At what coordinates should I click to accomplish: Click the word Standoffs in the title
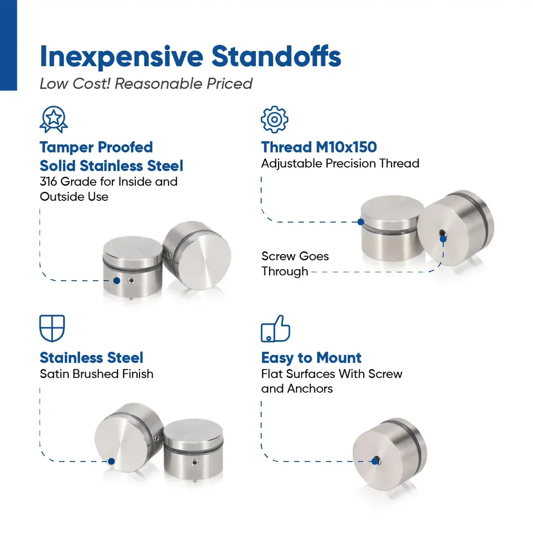click(276, 56)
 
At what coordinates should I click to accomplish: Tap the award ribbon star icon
click(54, 119)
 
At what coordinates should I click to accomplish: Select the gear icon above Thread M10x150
click(275, 119)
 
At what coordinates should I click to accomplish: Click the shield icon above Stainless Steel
click(52, 328)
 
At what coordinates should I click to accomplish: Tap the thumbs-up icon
click(276, 328)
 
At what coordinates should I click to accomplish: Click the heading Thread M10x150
click(319, 147)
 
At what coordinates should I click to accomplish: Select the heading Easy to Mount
click(311, 358)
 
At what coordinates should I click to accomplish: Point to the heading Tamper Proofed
click(96, 147)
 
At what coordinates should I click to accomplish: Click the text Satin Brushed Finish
click(96, 374)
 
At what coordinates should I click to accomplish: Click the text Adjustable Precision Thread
click(340, 163)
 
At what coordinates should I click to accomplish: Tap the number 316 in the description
click(48, 182)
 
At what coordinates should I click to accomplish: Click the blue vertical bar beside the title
click(8, 45)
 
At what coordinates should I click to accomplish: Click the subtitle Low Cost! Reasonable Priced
click(146, 84)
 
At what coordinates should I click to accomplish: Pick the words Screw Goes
click(295, 256)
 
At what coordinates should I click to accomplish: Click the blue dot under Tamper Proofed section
click(117, 281)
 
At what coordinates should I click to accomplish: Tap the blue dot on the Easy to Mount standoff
click(375, 461)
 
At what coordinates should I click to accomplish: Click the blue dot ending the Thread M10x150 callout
click(361, 222)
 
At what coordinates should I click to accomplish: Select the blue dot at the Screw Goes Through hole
click(443, 239)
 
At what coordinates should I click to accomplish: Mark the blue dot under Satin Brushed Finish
click(111, 461)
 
